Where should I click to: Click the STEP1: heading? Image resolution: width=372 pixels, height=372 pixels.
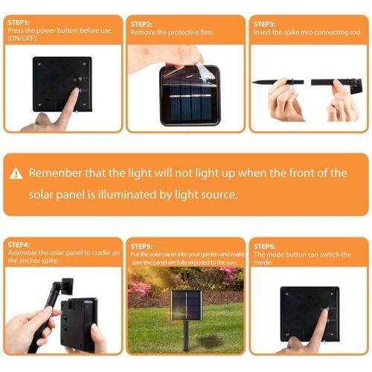[x=19, y=24]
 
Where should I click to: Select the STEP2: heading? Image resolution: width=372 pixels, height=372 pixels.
[x=143, y=24]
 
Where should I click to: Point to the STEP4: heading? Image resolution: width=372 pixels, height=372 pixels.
[x=20, y=245]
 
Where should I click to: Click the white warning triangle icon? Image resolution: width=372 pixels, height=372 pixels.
[x=16, y=174]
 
